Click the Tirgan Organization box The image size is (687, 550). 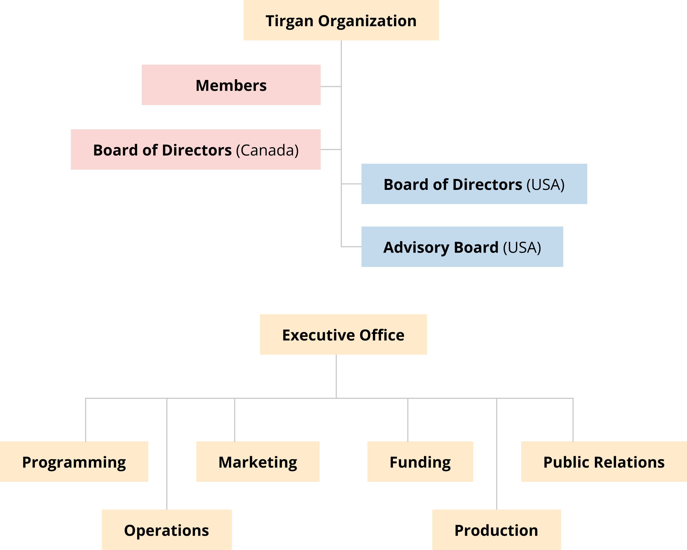(x=341, y=20)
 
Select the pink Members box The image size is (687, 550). (x=231, y=85)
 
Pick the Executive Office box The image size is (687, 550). (x=343, y=334)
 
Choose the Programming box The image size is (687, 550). (x=74, y=462)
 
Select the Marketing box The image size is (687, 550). (x=258, y=462)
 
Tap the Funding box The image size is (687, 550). (x=420, y=462)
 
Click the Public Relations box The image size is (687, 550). (x=604, y=462)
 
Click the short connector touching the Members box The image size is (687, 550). (x=331, y=86)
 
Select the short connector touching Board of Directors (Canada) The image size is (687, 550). (x=331, y=150)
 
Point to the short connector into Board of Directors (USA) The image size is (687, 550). (x=351, y=184)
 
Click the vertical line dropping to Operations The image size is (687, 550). (x=167, y=454)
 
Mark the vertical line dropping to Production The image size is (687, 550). (x=496, y=454)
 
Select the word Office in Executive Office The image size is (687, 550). (x=382, y=335)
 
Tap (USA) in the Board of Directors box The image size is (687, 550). (x=546, y=185)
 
